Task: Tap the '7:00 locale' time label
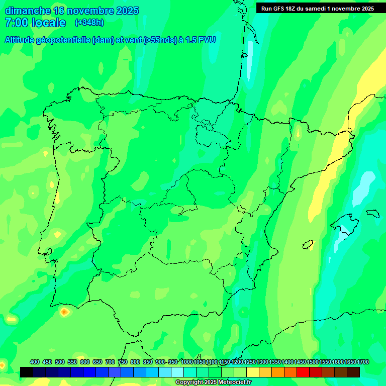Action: tap(35, 23)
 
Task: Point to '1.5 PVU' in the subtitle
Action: tap(201, 40)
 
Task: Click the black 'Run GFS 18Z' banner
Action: tap(317, 9)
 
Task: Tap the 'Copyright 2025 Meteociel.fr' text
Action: tap(213, 382)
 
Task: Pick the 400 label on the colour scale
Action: tap(35, 362)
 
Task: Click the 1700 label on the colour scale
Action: tap(363, 362)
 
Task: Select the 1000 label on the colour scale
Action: tap(187, 362)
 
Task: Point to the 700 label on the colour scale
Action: tap(110, 362)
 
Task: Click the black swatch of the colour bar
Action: tap(27, 372)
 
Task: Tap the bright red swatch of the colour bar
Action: tap(303, 372)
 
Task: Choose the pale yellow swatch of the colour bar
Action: tap(253, 372)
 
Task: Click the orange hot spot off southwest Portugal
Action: tap(64, 312)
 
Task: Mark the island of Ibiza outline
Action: tap(308, 245)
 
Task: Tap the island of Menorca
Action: tap(372, 213)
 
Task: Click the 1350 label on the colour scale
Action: tap(275, 362)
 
